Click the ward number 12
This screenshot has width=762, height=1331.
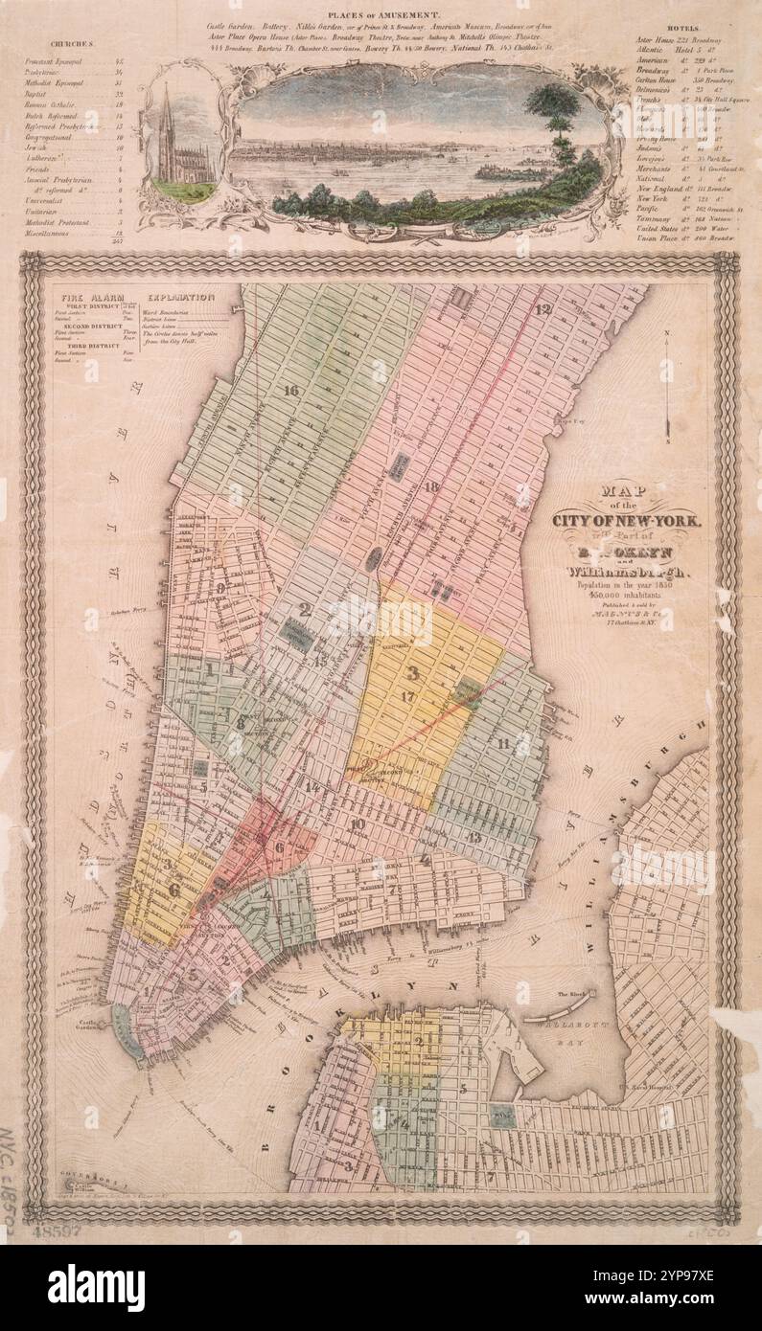(544, 309)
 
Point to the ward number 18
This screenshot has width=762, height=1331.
(430, 487)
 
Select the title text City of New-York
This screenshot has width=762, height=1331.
(626, 521)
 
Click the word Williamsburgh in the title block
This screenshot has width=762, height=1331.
(626, 572)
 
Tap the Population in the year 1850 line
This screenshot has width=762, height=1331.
(626, 585)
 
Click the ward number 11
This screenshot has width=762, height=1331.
(502, 743)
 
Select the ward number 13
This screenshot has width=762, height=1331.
(474, 837)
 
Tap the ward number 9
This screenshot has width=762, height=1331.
(220, 588)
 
